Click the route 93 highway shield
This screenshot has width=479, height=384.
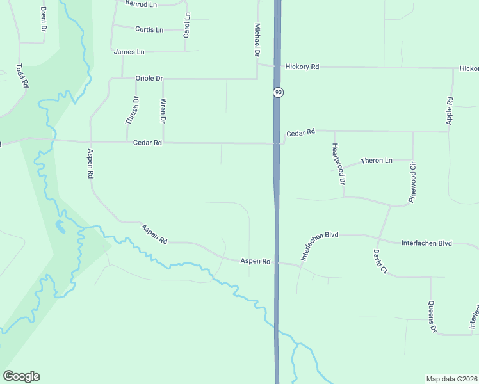pyautogui.click(x=278, y=93)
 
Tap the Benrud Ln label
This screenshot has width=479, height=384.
pyautogui.click(x=142, y=4)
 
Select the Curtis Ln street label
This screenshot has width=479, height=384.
pyautogui.click(x=149, y=29)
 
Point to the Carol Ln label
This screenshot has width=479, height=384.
pyautogui.click(x=186, y=24)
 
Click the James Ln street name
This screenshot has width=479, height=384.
pyautogui.click(x=129, y=51)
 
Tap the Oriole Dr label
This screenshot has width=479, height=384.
pyautogui.click(x=149, y=78)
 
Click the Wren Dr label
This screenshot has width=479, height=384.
pyautogui.click(x=163, y=111)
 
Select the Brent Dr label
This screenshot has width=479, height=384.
pyautogui.click(x=43, y=19)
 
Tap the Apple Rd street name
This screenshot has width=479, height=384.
pyautogui.click(x=450, y=110)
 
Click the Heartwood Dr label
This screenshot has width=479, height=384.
pyautogui.click(x=338, y=164)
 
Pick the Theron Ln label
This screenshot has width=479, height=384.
pyautogui.click(x=377, y=160)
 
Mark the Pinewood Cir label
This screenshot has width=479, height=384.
pyautogui.click(x=414, y=182)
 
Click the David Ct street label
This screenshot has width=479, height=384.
pyautogui.click(x=380, y=262)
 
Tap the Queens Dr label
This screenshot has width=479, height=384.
pyautogui.click(x=432, y=317)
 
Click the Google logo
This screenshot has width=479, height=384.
pyautogui.click(x=21, y=376)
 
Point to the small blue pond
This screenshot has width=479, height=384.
pyautogui.click(x=60, y=225)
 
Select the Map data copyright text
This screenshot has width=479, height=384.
pyautogui.click(x=451, y=378)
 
